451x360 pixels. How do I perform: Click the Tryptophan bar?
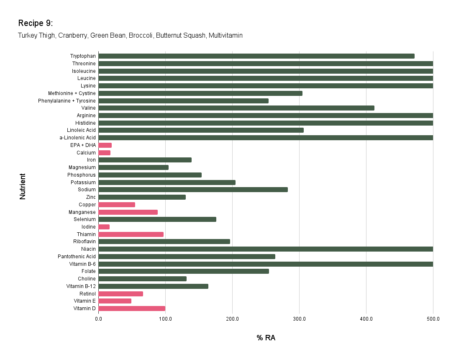point(256,56)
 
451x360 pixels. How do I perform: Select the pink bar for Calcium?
point(104,153)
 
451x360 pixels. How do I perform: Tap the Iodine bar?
point(104,227)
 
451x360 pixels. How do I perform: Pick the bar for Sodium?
point(193,190)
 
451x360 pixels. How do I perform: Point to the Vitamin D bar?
point(132,309)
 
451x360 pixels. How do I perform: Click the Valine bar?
point(236,108)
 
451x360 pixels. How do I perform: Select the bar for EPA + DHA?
point(105,145)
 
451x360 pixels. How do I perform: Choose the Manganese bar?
point(128,212)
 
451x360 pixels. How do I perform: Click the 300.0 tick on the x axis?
point(299,319)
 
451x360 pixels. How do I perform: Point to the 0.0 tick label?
point(98,319)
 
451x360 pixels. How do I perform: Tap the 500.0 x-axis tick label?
point(433,319)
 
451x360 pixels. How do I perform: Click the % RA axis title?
point(266,338)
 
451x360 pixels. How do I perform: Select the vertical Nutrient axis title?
point(23,186)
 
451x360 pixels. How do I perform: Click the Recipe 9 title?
point(36,23)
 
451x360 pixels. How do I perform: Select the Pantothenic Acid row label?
point(77,257)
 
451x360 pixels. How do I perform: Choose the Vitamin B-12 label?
point(81,286)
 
